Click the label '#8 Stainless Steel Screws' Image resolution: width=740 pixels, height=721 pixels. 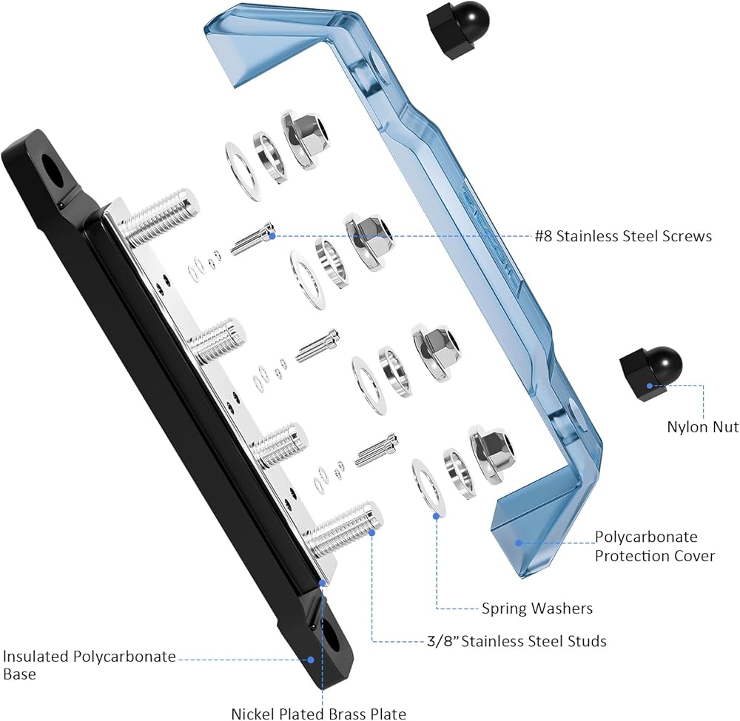623,235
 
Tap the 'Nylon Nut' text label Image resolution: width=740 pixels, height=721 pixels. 703,427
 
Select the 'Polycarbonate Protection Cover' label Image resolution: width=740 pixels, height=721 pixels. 655,546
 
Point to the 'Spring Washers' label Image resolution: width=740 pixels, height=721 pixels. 537,608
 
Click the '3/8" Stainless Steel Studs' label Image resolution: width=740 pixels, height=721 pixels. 517,641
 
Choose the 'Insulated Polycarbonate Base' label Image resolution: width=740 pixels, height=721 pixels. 90,665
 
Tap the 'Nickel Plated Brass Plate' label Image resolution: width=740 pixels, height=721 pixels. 318,714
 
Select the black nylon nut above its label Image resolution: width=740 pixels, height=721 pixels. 650,374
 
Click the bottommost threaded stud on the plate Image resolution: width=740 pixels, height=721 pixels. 346,527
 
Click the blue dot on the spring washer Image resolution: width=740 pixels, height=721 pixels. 437,516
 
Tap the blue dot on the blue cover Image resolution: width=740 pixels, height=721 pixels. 518,543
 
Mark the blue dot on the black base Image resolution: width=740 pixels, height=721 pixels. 311,660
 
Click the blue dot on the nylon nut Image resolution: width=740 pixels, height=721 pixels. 650,386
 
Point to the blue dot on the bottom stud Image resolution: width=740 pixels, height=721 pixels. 372,532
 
